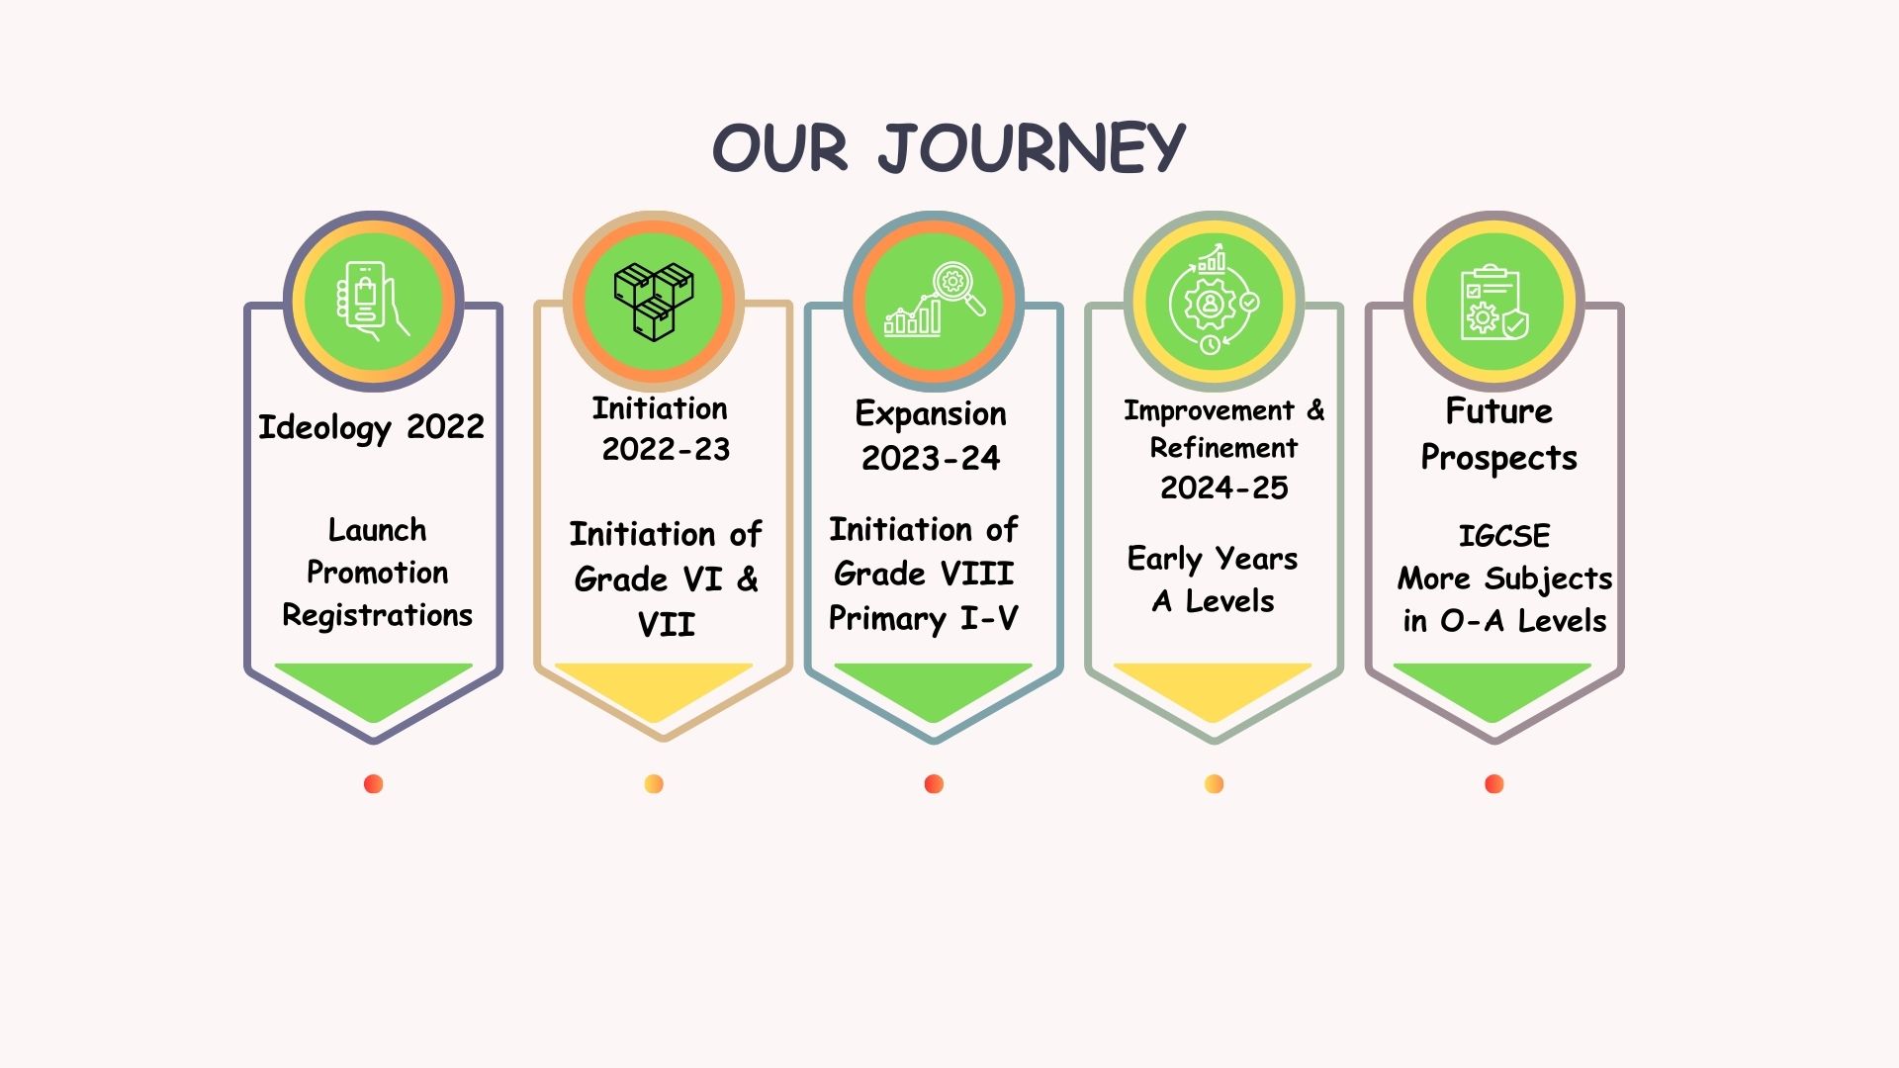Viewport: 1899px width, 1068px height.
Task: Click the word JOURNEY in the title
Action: click(x=1032, y=148)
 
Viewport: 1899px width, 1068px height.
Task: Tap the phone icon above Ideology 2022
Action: click(x=372, y=301)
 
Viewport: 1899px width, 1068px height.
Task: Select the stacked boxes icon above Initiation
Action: click(x=654, y=302)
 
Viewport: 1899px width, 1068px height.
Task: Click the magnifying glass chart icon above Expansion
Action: click(x=935, y=300)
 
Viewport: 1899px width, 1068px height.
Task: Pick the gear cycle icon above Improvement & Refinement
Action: click(x=1214, y=299)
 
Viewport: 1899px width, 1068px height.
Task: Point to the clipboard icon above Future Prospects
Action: click(x=1493, y=302)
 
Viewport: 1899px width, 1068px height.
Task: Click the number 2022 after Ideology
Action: click(x=445, y=426)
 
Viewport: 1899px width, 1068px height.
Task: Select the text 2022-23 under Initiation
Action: click(x=666, y=449)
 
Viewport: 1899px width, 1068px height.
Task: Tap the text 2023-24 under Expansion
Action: click(x=931, y=458)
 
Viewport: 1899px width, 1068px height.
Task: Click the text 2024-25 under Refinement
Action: click(x=1224, y=488)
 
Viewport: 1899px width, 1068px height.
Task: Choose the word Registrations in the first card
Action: click(x=377, y=615)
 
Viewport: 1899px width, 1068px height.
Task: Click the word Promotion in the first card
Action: click(x=377, y=573)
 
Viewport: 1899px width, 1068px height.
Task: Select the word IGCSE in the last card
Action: click(x=1504, y=536)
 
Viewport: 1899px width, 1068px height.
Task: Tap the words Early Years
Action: click(x=1213, y=559)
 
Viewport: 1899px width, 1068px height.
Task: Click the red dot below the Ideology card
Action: click(x=373, y=784)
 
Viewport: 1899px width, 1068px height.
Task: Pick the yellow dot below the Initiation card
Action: click(x=654, y=784)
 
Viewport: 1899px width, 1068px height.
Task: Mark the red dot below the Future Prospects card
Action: click(x=1494, y=784)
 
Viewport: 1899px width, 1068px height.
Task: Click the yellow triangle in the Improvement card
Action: click(x=1214, y=686)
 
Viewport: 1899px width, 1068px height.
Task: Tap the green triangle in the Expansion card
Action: click(x=934, y=686)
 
